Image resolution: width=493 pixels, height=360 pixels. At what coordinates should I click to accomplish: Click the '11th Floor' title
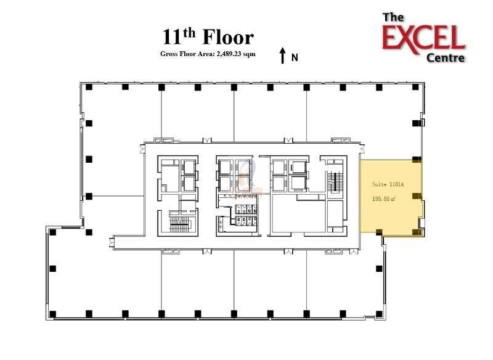[x=208, y=37]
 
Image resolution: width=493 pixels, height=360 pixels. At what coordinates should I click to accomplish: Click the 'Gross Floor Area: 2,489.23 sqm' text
[x=208, y=54]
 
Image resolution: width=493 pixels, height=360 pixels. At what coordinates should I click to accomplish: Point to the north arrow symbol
[x=282, y=55]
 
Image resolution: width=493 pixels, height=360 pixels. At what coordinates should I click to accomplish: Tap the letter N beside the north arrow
[x=295, y=57]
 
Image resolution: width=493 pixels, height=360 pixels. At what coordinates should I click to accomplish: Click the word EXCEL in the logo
[x=423, y=38]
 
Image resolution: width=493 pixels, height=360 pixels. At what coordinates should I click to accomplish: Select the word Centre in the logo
[x=446, y=58]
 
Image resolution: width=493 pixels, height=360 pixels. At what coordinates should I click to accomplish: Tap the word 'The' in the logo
[x=393, y=17]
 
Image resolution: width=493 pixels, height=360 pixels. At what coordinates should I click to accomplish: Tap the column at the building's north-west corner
[x=89, y=87]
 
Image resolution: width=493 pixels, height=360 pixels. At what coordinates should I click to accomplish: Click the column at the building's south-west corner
[x=52, y=313]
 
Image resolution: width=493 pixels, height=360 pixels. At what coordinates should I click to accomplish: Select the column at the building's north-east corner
[x=415, y=87]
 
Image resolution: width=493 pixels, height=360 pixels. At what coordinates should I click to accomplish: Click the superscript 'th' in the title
[x=190, y=31]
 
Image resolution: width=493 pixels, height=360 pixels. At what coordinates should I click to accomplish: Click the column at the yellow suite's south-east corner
[x=417, y=232]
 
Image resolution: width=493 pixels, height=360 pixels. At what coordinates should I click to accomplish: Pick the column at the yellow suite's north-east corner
[x=417, y=160]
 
